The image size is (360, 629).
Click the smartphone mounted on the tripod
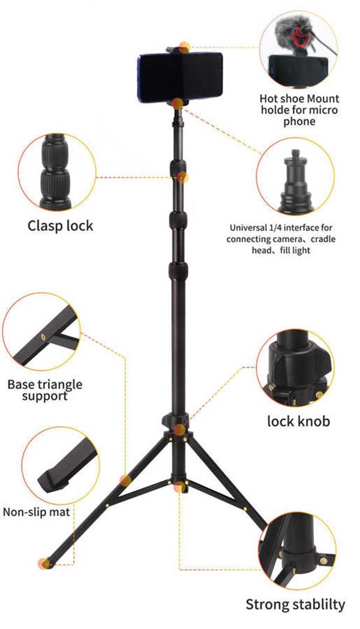pos(179,76)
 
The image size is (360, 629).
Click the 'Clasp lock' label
pos(60,226)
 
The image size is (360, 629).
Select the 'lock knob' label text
pos(298,421)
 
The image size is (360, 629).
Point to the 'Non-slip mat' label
pos(36,513)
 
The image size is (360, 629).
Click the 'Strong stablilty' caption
pos(295,604)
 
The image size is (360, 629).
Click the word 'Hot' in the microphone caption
pos(268,98)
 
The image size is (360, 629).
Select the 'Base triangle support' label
pos(44,390)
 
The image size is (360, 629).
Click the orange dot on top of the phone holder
pos(184,47)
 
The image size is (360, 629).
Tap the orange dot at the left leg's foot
pos(44,563)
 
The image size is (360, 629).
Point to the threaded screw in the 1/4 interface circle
pos(295,154)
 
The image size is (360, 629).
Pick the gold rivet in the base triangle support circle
pos(43,337)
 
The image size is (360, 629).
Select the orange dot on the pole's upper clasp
pos(183,177)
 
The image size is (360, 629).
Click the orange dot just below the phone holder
pos(178,103)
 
